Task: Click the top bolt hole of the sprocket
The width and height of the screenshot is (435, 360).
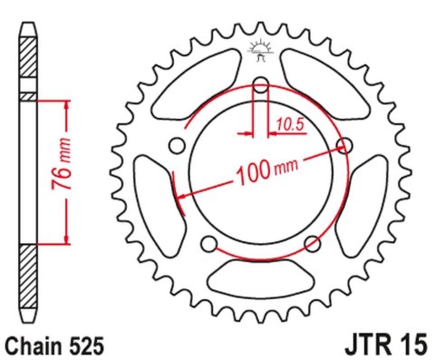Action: (x=261, y=86)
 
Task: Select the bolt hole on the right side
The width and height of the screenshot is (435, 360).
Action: (x=343, y=145)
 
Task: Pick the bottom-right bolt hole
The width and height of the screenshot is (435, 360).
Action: (x=312, y=242)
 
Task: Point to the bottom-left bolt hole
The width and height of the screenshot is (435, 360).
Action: (x=209, y=242)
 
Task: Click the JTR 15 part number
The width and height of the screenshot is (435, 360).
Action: (x=384, y=345)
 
